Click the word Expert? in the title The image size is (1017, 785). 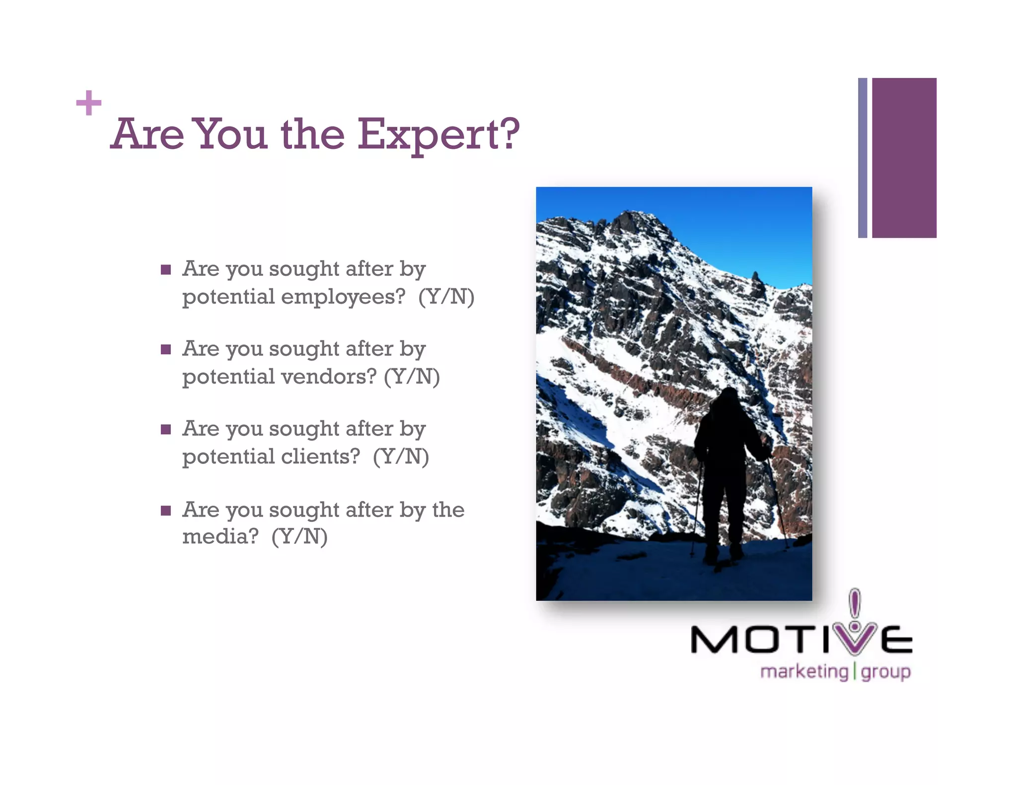[438, 135]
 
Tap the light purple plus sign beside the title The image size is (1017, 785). [89, 103]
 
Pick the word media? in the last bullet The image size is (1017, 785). [220, 536]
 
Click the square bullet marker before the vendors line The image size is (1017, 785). [166, 350]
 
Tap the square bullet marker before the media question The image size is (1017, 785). [166, 511]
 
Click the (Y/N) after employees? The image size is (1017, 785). [446, 297]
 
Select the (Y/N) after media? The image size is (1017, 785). [299, 536]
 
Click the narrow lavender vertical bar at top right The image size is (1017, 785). [863, 158]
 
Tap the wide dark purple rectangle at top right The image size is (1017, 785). [904, 158]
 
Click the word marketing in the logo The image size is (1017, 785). [804, 672]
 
